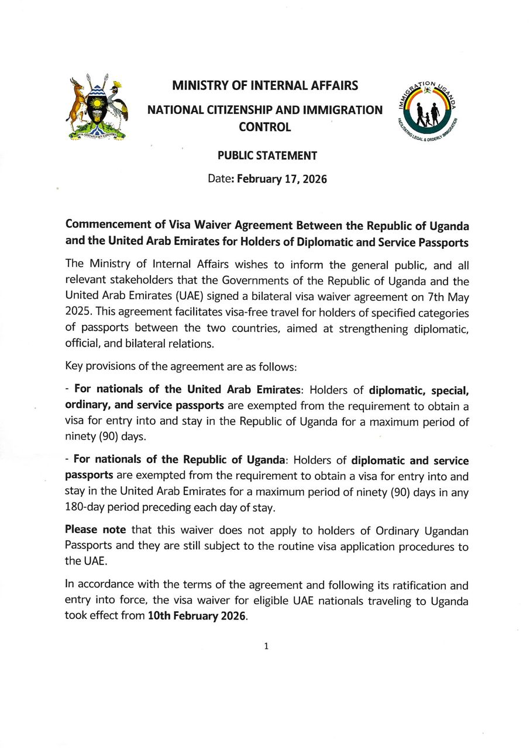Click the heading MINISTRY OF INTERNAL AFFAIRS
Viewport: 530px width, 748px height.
coord(264,86)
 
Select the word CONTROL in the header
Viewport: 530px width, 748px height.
coord(264,126)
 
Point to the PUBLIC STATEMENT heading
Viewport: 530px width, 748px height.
coord(267,155)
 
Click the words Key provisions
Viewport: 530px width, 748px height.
coord(98,367)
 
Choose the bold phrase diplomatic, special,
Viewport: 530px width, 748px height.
coord(418,389)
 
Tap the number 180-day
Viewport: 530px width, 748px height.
coord(88,507)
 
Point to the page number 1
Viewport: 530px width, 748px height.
coord(266,646)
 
